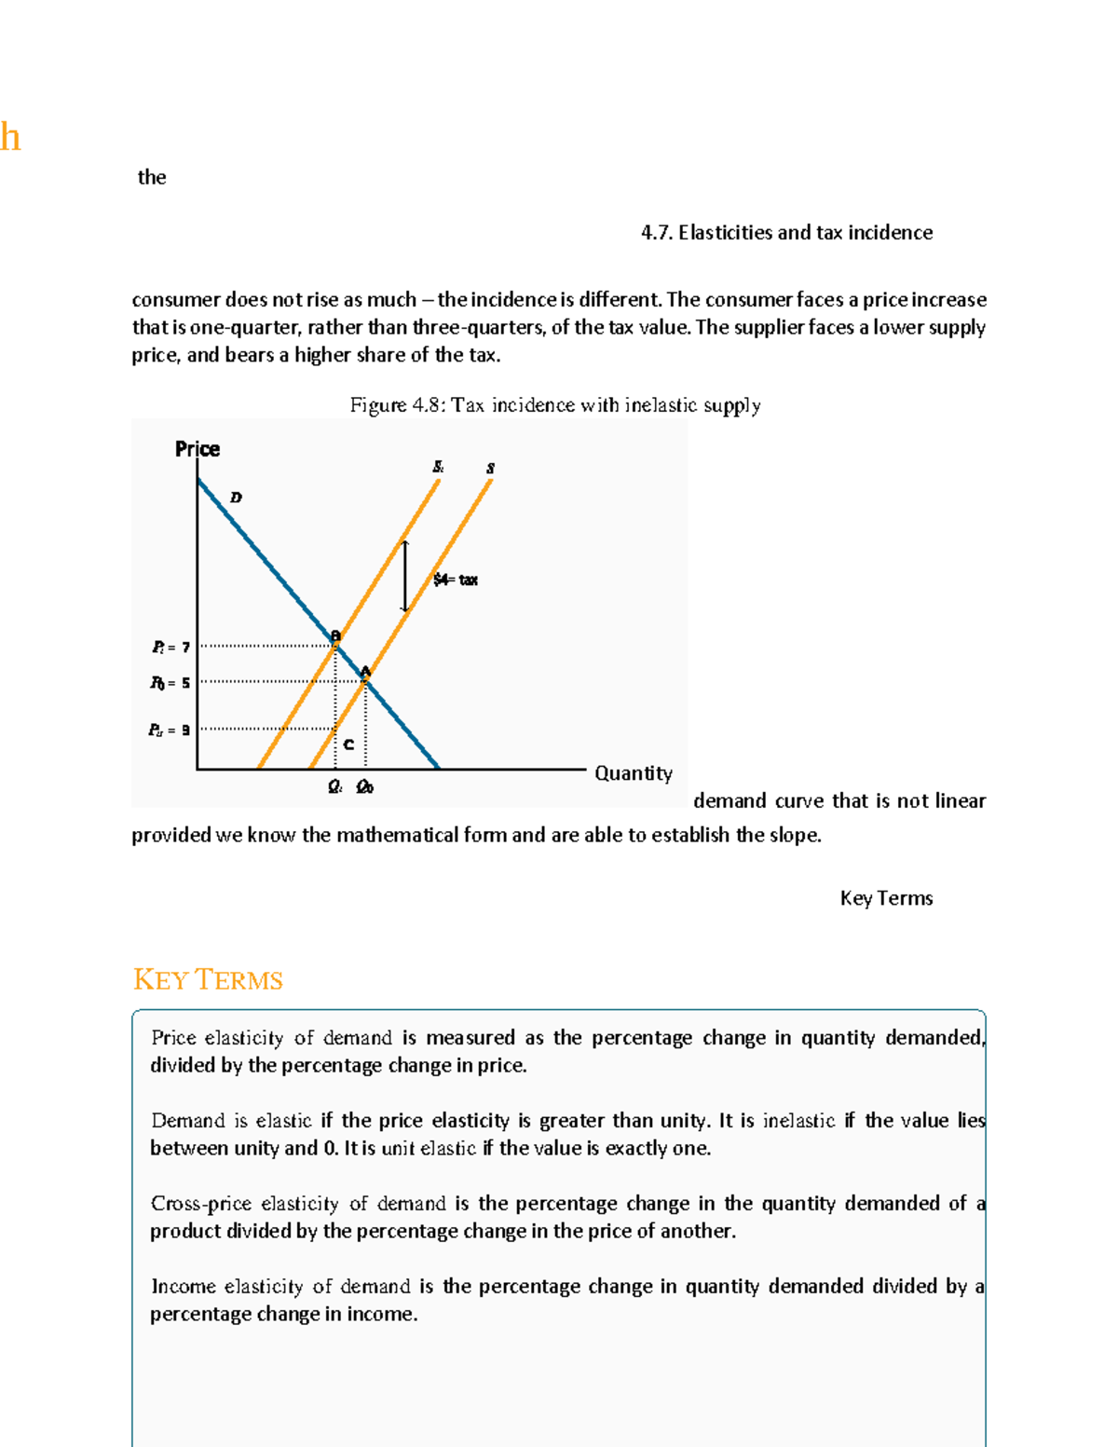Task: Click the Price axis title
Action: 198,449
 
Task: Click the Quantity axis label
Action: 633,773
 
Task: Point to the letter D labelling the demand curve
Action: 236,498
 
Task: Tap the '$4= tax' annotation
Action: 456,580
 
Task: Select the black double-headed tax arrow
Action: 404,576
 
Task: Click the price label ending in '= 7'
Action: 171,647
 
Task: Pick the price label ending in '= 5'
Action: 170,683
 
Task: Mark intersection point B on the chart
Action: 335,637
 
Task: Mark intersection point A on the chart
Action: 365,673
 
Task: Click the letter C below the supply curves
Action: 348,744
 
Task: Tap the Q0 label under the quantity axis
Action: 364,787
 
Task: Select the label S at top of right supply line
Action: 490,468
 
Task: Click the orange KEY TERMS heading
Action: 208,980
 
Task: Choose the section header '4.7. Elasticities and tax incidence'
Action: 786,233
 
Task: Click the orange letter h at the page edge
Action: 9,138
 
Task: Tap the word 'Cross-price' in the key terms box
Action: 201,1204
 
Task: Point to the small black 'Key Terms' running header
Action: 886,898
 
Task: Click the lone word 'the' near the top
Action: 152,178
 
